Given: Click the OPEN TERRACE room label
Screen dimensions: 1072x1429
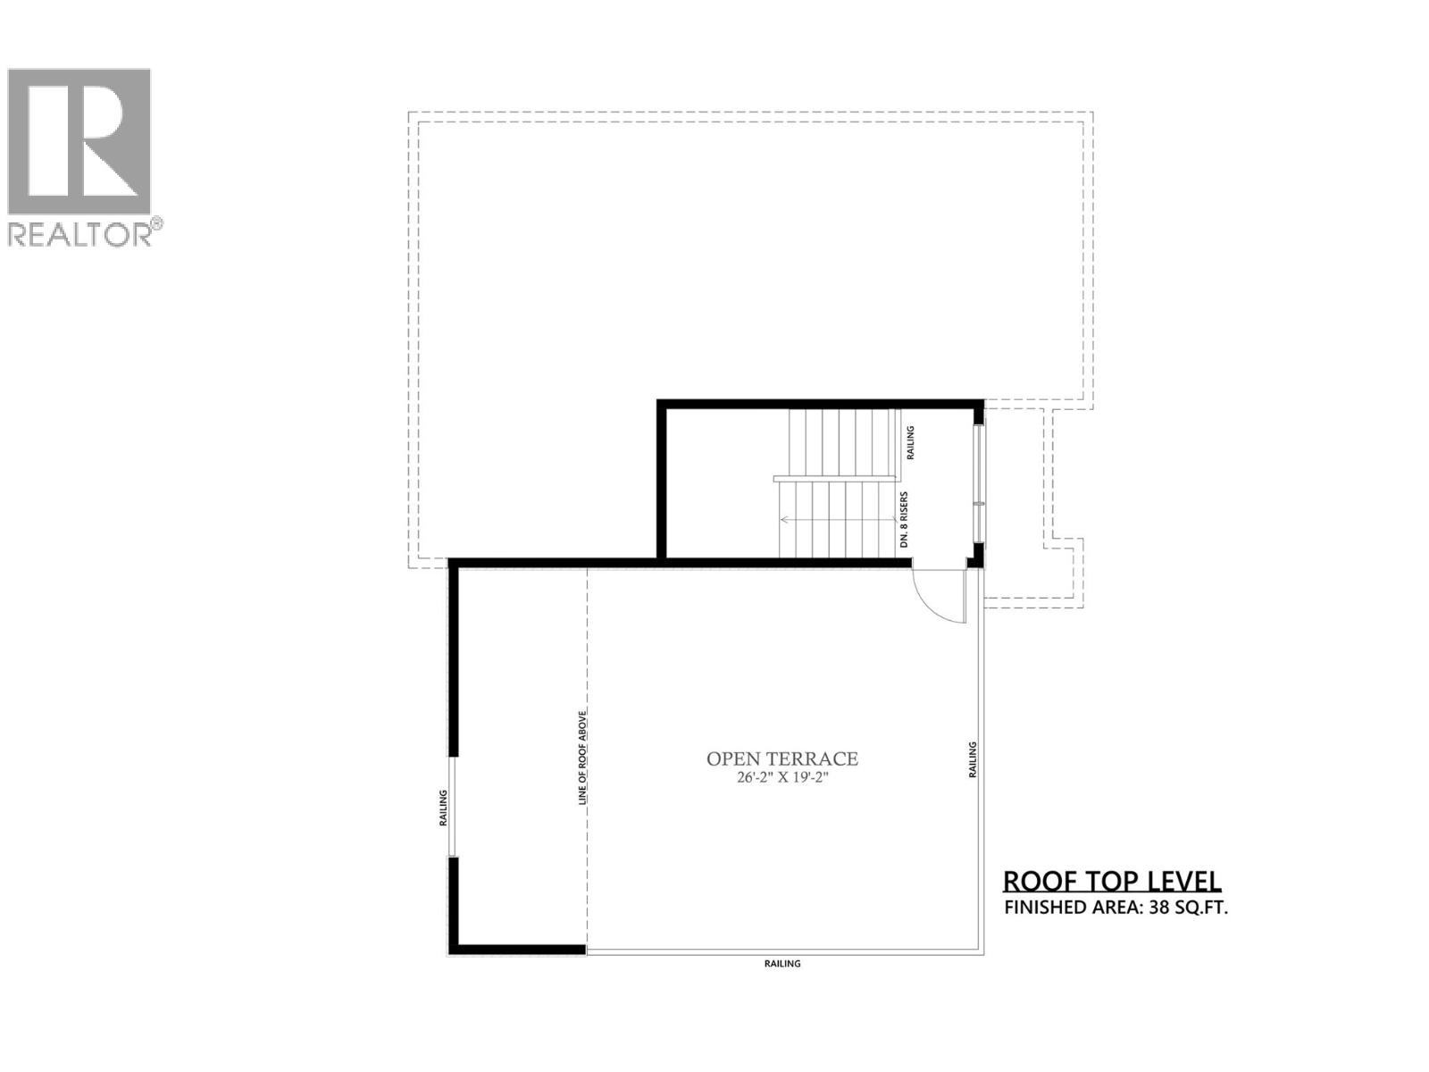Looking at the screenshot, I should click(781, 759).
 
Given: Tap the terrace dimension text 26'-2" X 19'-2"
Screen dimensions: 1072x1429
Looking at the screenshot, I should click(781, 778).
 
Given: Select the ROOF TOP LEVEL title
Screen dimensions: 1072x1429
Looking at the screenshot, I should click(1112, 881).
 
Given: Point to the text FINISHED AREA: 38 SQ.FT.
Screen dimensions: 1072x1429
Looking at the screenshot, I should click(1116, 909).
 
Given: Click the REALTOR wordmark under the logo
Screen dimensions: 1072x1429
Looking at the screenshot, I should click(80, 234).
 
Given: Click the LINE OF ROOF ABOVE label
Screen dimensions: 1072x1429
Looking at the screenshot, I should click(582, 758).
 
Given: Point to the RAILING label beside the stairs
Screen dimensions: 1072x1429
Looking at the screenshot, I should click(910, 443).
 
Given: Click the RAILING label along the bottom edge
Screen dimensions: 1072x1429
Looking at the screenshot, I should click(782, 964).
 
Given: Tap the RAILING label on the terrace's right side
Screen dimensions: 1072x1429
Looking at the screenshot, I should click(973, 759).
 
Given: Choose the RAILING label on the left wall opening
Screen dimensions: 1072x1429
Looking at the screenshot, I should click(443, 807).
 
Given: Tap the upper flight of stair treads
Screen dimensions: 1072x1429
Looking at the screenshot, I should click(841, 443).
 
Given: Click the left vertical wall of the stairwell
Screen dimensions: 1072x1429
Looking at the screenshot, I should click(662, 482).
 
